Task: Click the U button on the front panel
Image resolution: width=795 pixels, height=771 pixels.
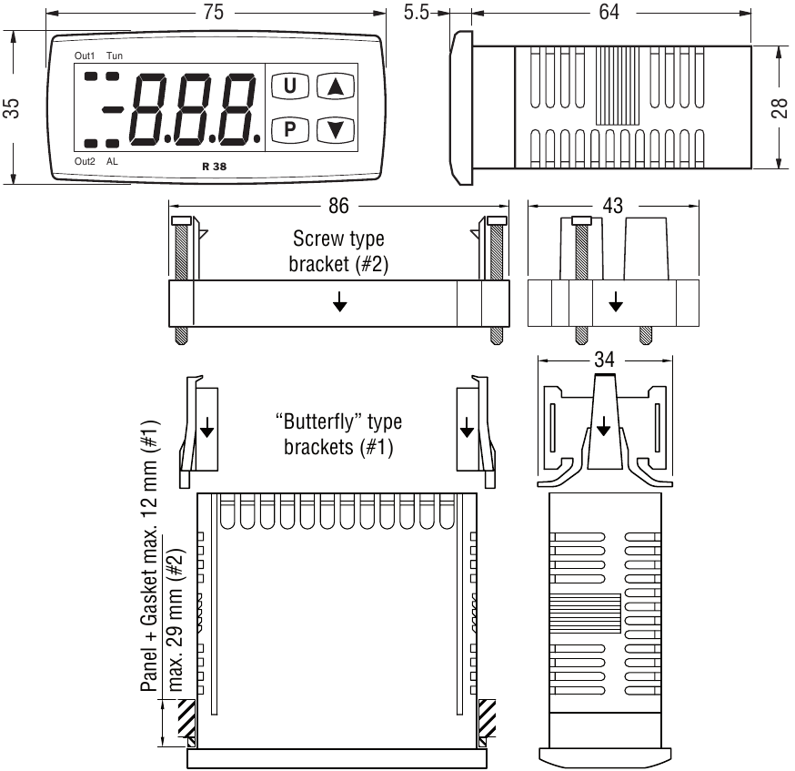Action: pyautogui.click(x=290, y=86)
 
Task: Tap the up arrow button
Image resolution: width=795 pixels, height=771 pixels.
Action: pyautogui.click(x=335, y=86)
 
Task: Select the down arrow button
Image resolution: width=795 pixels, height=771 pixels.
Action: pyautogui.click(x=335, y=128)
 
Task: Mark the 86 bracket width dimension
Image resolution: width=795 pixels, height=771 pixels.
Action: pyautogui.click(x=337, y=206)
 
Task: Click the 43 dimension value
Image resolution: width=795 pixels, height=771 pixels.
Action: pyautogui.click(x=612, y=206)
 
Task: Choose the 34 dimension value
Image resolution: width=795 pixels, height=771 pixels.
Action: pyautogui.click(x=604, y=360)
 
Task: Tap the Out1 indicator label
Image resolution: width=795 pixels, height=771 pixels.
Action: pyautogui.click(x=85, y=56)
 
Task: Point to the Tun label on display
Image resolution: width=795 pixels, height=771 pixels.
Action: pyautogui.click(x=116, y=56)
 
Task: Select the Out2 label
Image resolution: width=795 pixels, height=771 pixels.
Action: pyautogui.click(x=85, y=161)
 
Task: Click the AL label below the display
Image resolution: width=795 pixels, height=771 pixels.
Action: pyautogui.click(x=112, y=161)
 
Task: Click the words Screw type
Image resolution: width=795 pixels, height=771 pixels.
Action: pyautogui.click(x=337, y=239)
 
